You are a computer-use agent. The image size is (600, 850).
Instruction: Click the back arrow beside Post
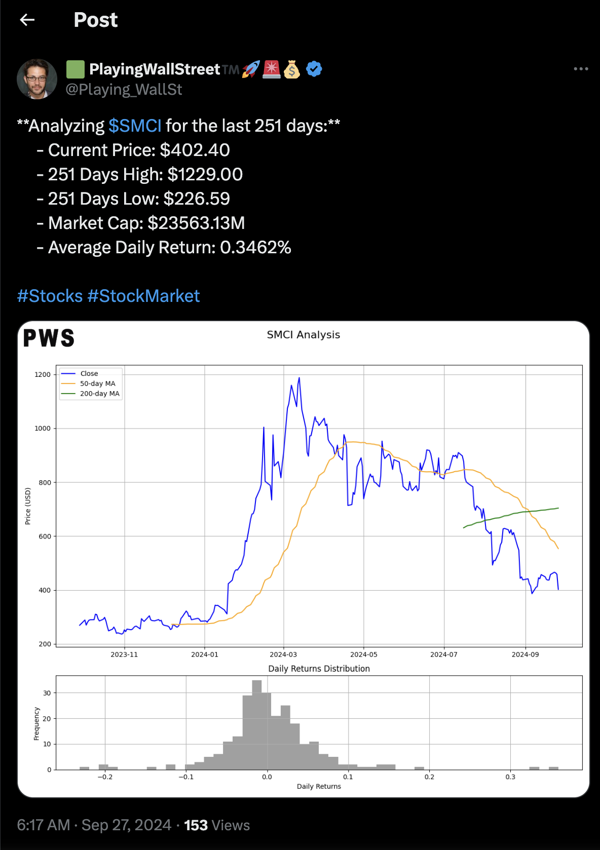tap(27, 20)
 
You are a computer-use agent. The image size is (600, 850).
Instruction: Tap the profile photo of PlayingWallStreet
tap(37, 79)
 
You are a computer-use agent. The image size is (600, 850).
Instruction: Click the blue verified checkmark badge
tap(314, 69)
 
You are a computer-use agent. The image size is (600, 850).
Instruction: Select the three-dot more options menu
tap(581, 69)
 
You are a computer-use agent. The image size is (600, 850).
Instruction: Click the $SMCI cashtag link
tap(135, 126)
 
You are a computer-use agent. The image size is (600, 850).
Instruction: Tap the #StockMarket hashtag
tap(144, 296)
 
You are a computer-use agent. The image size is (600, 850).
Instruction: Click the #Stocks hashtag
tap(50, 296)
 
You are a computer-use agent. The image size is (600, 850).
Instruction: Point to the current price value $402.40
tap(195, 150)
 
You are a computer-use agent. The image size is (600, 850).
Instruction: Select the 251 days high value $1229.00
tap(205, 174)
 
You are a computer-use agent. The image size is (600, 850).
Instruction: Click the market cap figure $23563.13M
tap(196, 223)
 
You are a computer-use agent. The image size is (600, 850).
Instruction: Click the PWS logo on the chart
tap(49, 338)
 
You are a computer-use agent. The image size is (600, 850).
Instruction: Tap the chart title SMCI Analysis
tap(303, 335)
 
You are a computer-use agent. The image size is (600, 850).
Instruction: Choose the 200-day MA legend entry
tap(99, 394)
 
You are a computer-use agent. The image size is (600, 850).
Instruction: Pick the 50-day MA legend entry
tap(97, 383)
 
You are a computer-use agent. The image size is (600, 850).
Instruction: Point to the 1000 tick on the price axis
tap(43, 429)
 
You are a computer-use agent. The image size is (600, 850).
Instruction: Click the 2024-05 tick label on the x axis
tap(363, 654)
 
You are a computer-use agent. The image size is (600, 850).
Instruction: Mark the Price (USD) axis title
tap(28, 506)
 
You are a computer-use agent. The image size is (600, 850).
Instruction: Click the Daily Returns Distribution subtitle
tap(319, 669)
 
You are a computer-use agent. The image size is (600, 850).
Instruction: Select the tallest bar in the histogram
tap(257, 724)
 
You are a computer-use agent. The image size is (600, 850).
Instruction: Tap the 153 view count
tap(196, 825)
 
